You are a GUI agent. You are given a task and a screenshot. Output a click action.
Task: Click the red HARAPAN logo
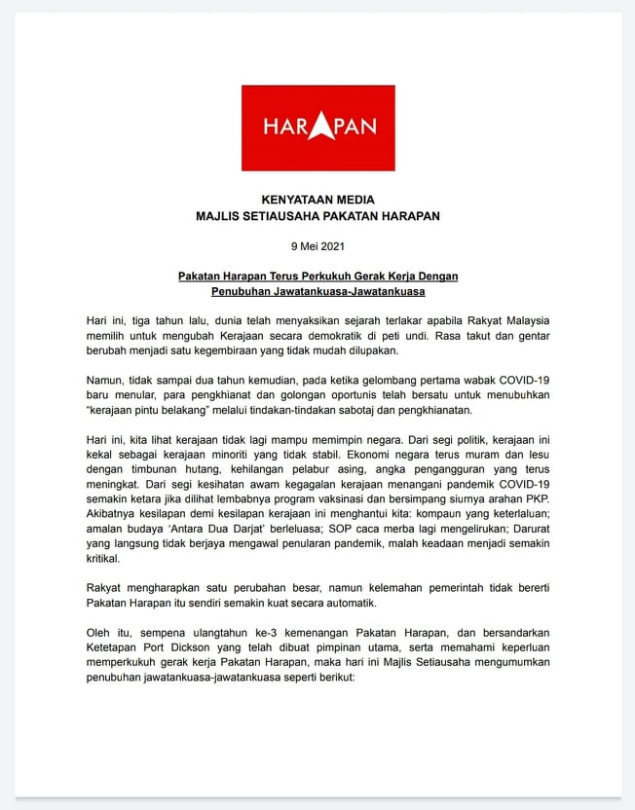click(317, 128)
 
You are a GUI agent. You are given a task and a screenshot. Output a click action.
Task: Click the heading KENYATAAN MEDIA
click(317, 200)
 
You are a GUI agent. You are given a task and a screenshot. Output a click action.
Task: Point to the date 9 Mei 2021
click(317, 246)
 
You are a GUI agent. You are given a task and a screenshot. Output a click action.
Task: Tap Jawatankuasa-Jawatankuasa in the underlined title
click(354, 291)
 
